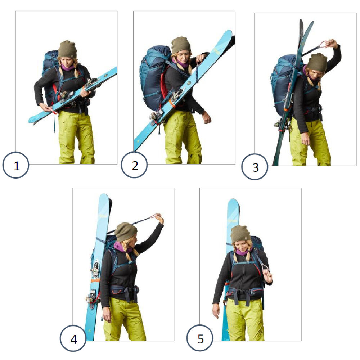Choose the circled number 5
pos(200,339)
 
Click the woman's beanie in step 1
pos(67,49)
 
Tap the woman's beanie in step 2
pos(181,45)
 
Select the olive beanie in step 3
pos(317,62)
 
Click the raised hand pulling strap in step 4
pos(158,219)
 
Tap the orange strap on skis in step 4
pos(95,280)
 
